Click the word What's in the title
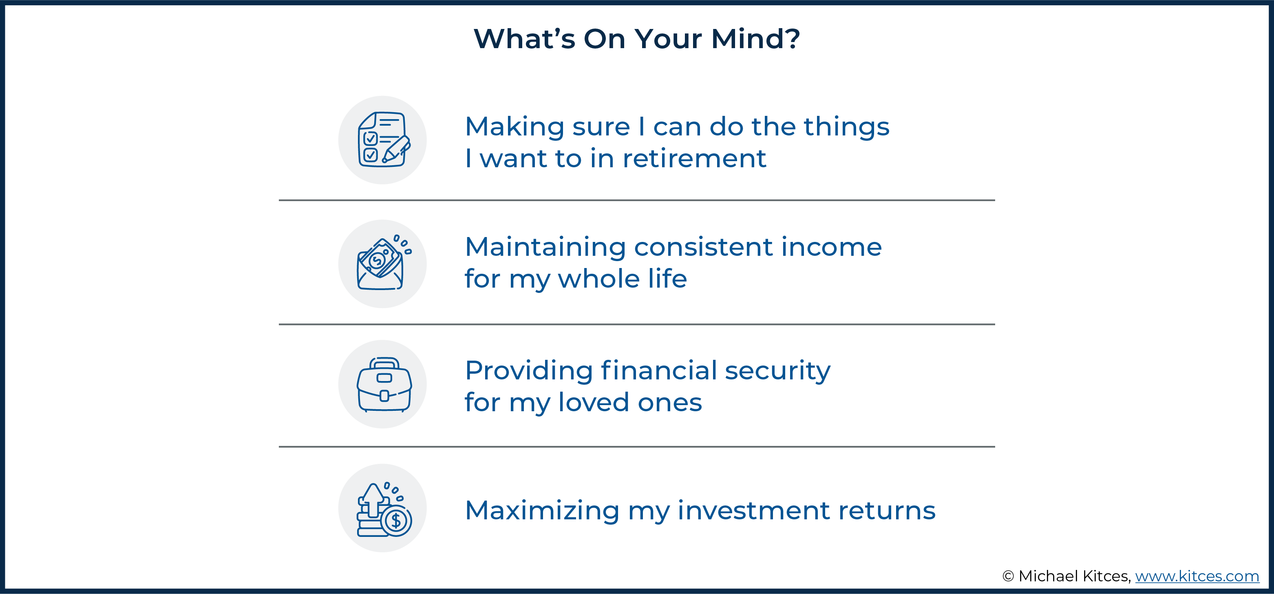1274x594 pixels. point(524,39)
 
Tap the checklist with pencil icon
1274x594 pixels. point(384,140)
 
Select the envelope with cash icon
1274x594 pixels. point(384,263)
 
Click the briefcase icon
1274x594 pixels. point(384,385)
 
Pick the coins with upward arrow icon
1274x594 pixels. point(384,509)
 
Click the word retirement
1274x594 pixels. point(694,158)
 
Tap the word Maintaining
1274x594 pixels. point(545,248)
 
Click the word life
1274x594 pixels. point(668,278)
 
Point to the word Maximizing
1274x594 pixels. point(542,511)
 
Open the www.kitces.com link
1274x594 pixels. point(1197,576)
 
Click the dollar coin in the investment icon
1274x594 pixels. point(396,520)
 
